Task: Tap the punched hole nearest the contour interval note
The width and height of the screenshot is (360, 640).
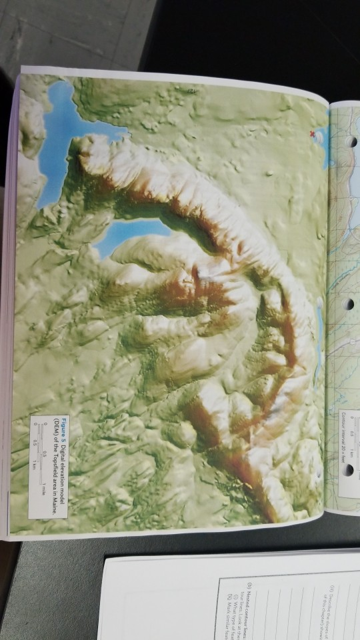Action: [348, 469]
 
